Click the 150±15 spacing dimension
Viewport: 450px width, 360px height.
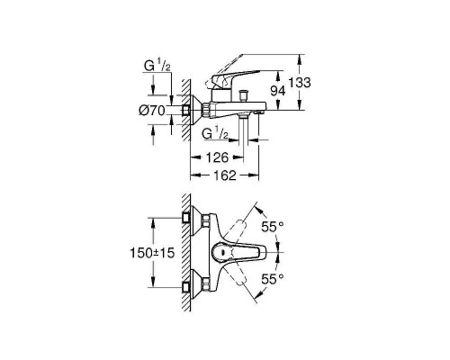click(x=150, y=253)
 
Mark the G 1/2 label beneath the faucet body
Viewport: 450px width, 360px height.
click(x=213, y=133)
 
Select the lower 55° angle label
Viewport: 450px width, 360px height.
click(x=272, y=281)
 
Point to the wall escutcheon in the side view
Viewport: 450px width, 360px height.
click(x=190, y=110)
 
